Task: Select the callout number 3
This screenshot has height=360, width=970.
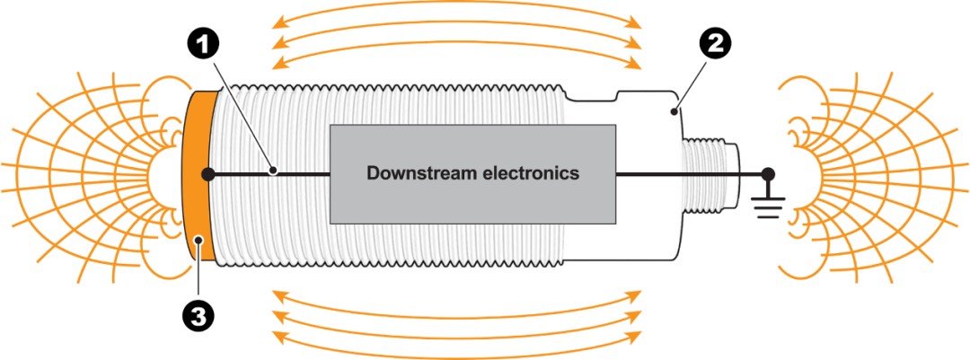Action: pyautogui.click(x=198, y=316)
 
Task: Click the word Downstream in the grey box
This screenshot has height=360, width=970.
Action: pyautogui.click(x=417, y=173)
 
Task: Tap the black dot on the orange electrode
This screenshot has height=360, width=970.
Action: pyautogui.click(x=207, y=173)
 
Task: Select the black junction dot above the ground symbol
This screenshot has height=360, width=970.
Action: pyautogui.click(x=768, y=173)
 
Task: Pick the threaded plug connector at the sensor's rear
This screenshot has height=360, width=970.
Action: pyautogui.click(x=710, y=172)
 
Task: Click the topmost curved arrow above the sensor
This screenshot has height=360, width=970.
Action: pyautogui.click(x=458, y=15)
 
